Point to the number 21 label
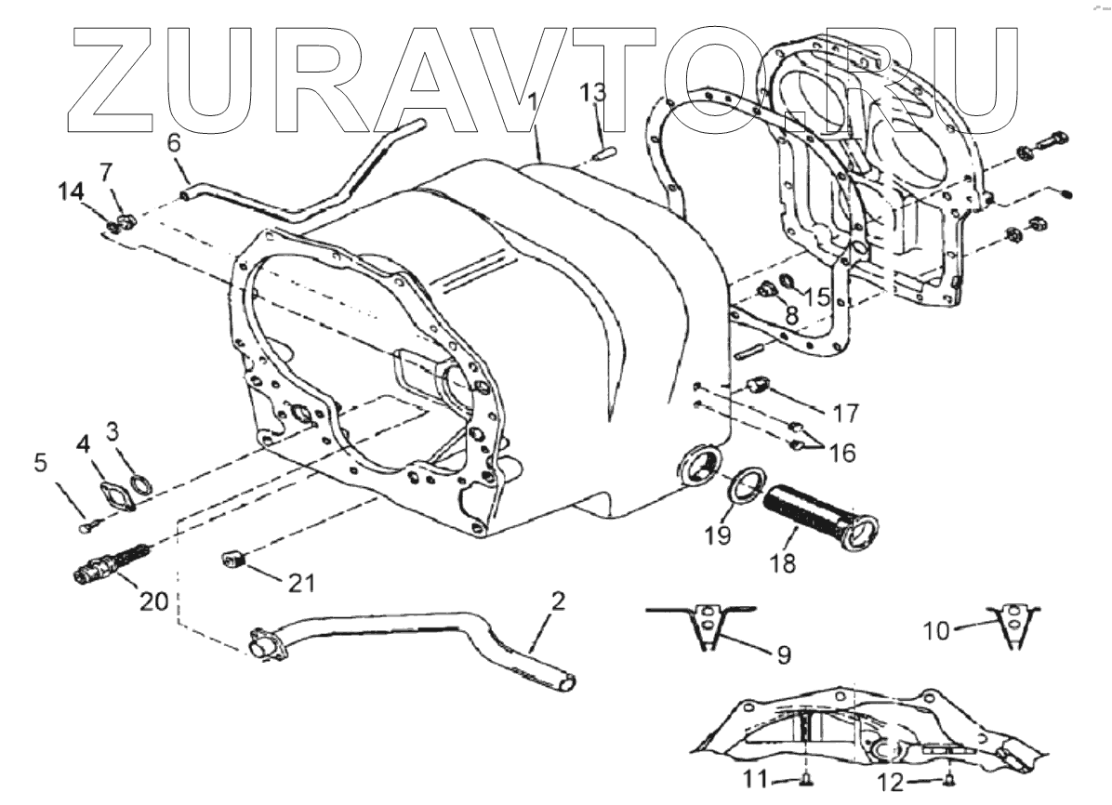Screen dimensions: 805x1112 click(x=301, y=583)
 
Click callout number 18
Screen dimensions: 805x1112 click(x=783, y=563)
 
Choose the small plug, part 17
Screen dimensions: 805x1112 click(x=758, y=385)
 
